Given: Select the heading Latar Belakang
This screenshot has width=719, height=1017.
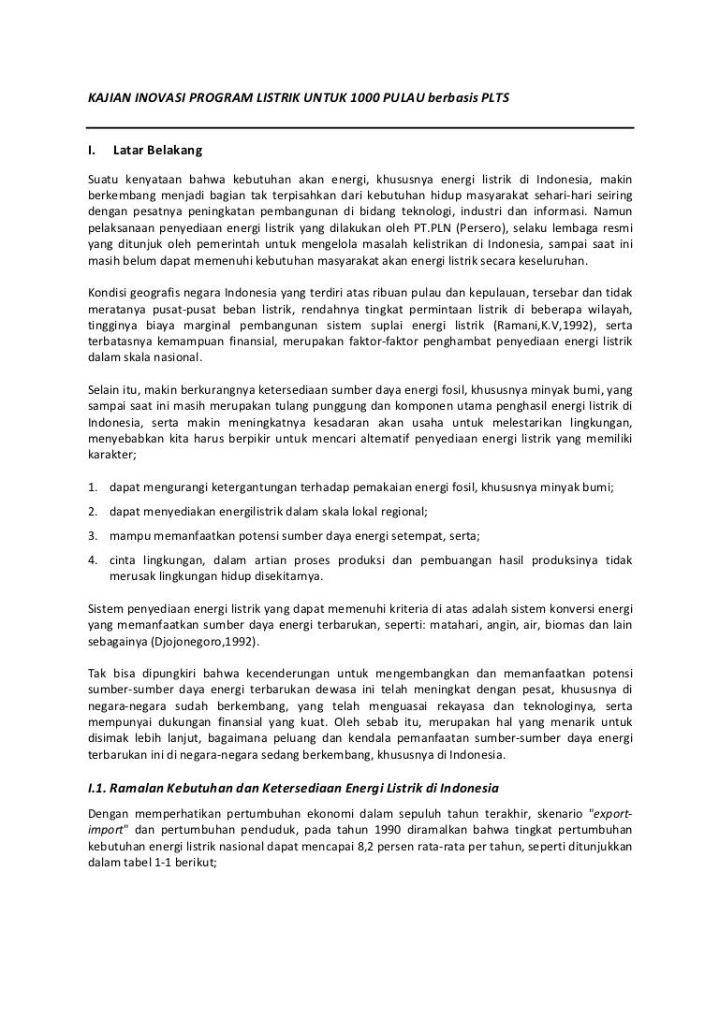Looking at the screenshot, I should pyautogui.click(x=156, y=150).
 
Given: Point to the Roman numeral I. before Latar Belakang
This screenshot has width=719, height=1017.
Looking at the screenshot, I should pyautogui.click(x=92, y=150).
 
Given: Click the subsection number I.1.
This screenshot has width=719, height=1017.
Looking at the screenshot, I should pyautogui.click(x=95, y=790).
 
